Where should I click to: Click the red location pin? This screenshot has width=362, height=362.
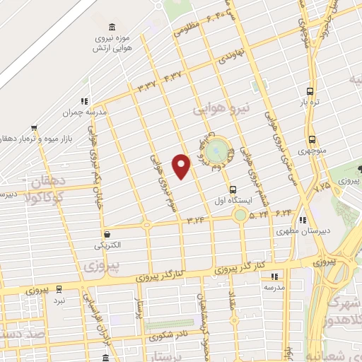point(182,165)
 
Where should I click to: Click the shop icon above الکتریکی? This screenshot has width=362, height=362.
point(106,234)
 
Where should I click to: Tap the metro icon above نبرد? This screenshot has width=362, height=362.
point(59,288)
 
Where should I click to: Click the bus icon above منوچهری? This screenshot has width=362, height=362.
point(312,139)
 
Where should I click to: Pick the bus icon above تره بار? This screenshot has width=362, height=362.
point(310,90)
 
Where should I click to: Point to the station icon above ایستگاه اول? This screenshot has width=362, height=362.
point(233,189)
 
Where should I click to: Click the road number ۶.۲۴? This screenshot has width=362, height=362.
point(284,211)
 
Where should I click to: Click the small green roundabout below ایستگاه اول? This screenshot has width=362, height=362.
point(241,214)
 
